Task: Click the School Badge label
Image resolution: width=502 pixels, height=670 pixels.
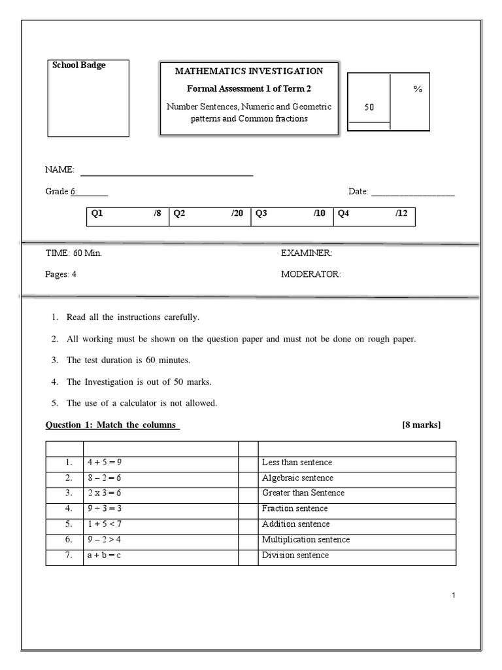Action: (79, 65)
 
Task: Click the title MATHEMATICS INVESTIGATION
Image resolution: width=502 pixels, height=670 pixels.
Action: (248, 71)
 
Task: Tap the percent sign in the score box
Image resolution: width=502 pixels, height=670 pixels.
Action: (418, 90)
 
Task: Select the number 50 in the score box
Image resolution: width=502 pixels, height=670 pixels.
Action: (369, 107)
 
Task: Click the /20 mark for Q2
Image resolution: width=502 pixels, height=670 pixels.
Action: (237, 213)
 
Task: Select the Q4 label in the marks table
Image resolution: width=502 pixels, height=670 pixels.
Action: (343, 213)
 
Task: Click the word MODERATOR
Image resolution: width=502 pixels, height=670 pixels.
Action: (310, 275)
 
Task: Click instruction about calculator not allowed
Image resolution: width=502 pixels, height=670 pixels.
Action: (142, 403)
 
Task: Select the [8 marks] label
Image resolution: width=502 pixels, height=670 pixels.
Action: (422, 425)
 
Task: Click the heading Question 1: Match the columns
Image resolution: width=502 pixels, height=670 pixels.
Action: (112, 425)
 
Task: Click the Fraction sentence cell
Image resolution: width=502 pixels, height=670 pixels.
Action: (295, 509)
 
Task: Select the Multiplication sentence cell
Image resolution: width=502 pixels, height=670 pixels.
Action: (305, 540)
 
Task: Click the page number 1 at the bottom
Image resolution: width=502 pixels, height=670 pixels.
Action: (453, 595)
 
